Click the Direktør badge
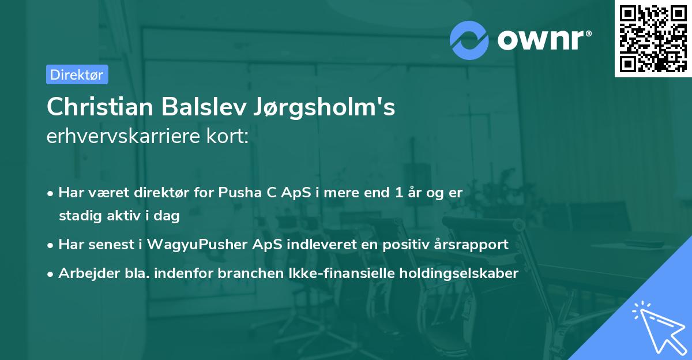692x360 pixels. pyautogui.click(x=77, y=74)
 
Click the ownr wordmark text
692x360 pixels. pyautogui.click(x=544, y=40)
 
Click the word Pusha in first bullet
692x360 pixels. pyautogui.click(x=236, y=193)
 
